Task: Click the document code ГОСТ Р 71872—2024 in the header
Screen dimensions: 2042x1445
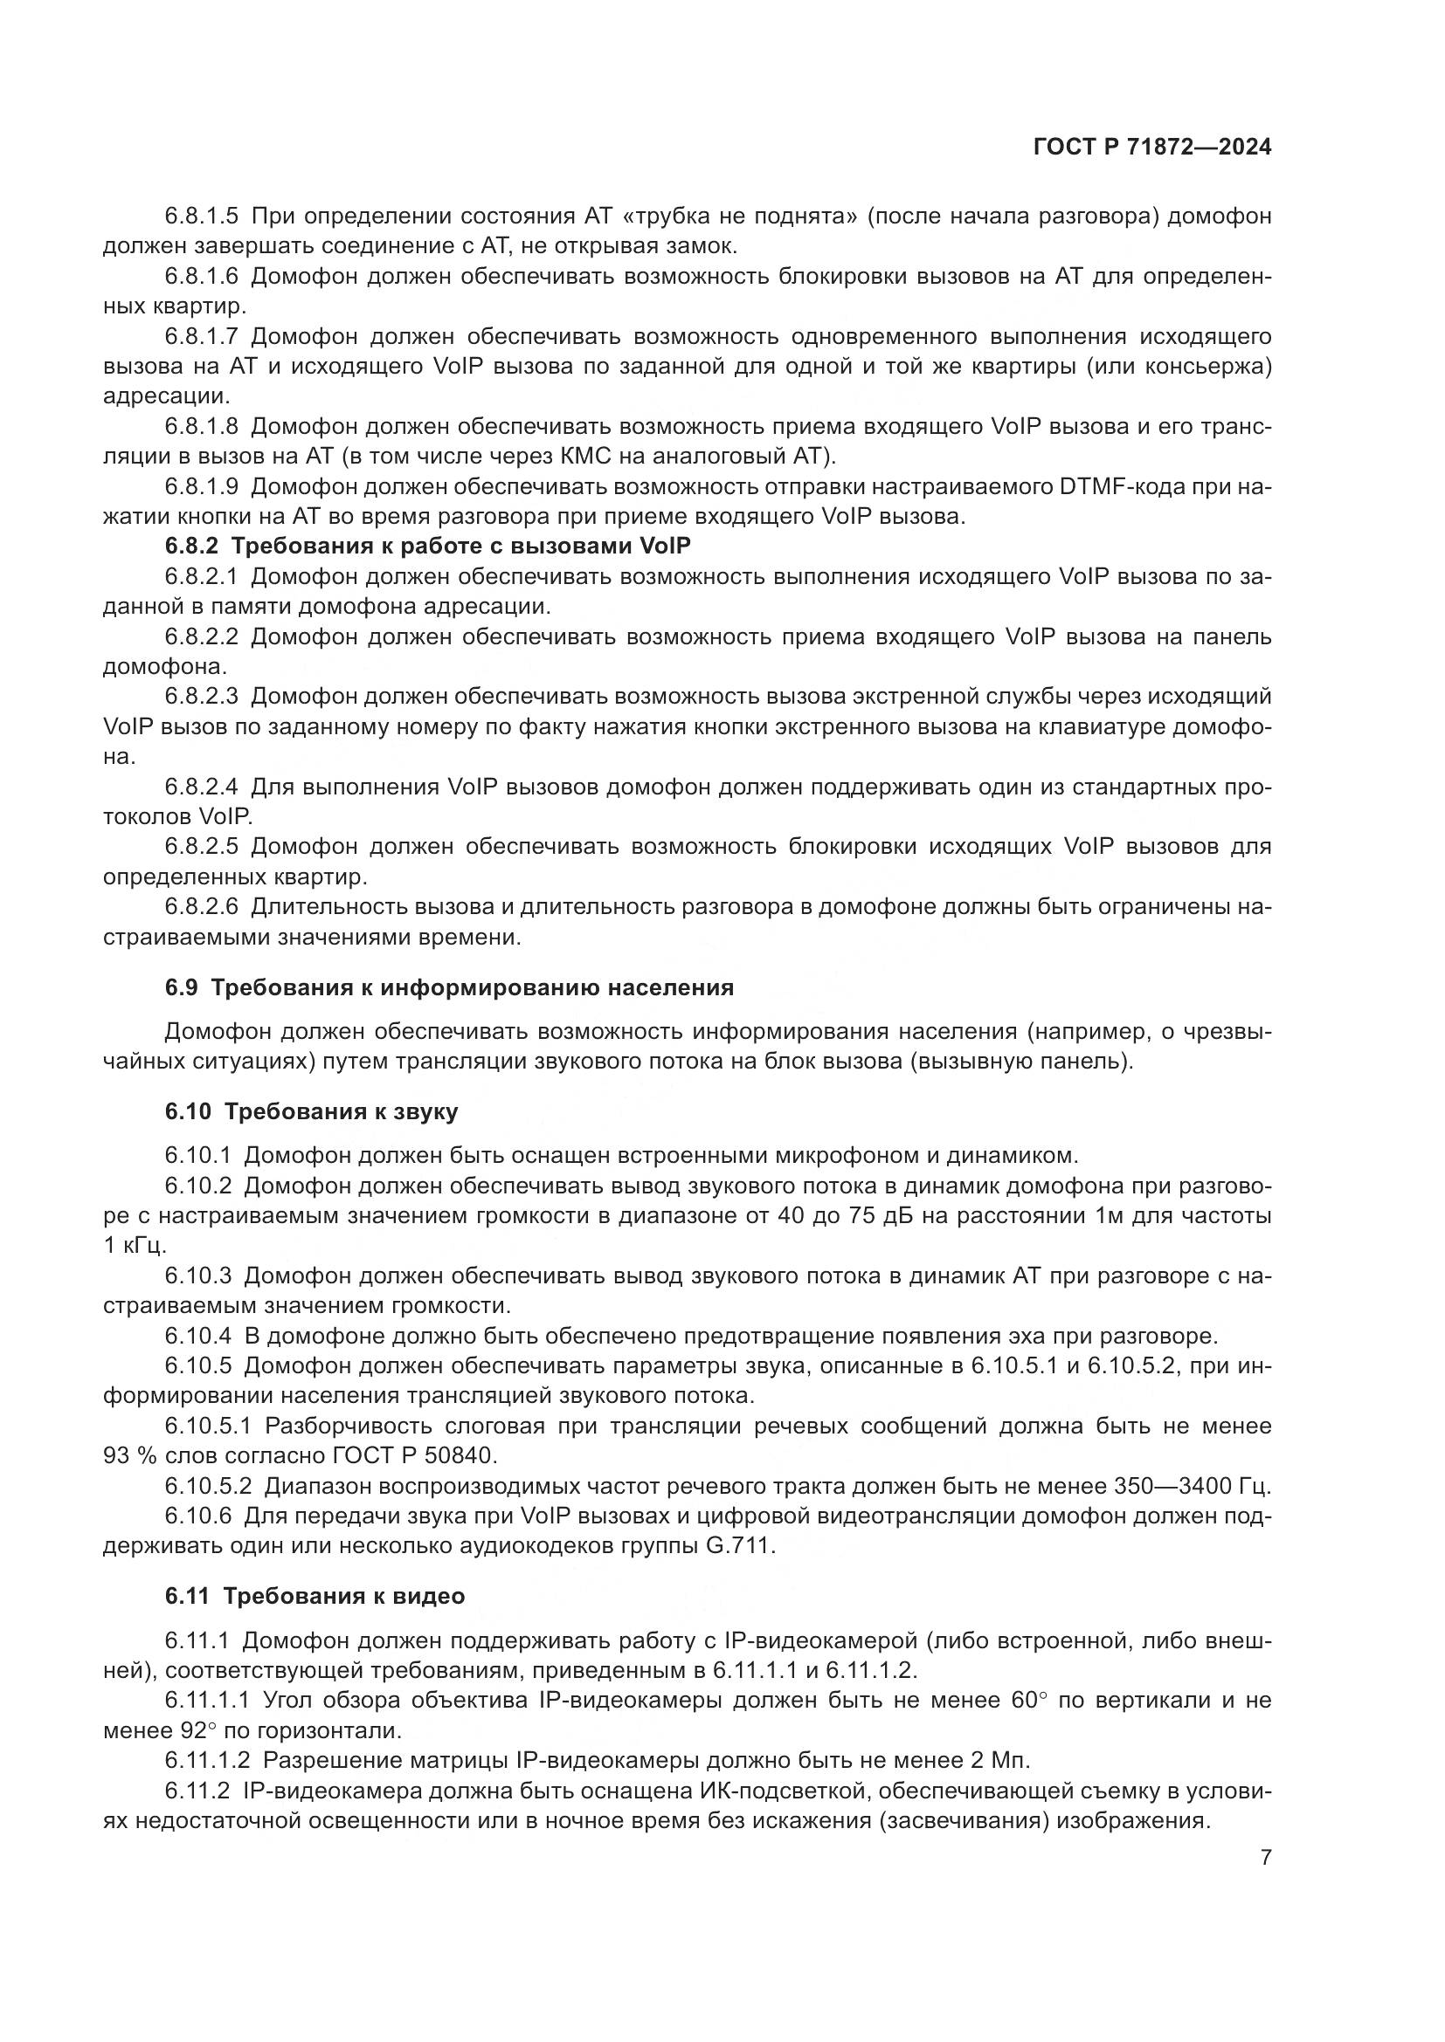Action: click(1151, 148)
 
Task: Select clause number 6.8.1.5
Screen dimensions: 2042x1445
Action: click(201, 217)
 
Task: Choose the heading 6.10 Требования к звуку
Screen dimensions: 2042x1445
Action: click(311, 1111)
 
